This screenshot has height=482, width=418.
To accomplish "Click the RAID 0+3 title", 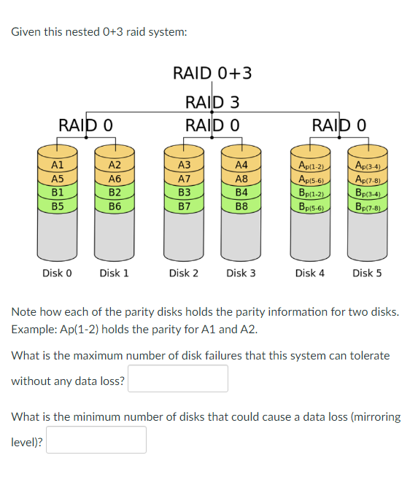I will pyautogui.click(x=212, y=73).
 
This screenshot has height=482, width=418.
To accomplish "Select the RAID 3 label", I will pyautogui.click(x=212, y=101).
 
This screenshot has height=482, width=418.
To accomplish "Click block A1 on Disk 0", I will pyautogui.click(x=58, y=166).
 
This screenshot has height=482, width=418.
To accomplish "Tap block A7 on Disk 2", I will pyautogui.click(x=185, y=179).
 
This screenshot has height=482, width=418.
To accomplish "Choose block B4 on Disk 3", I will pyautogui.click(x=241, y=193).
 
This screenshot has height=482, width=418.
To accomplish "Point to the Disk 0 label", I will pyautogui.click(x=57, y=273).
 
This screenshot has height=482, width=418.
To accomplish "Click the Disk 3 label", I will pyautogui.click(x=241, y=273).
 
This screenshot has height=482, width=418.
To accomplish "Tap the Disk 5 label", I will pyautogui.click(x=367, y=273).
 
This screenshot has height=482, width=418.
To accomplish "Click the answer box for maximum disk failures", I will pyautogui.click(x=178, y=379).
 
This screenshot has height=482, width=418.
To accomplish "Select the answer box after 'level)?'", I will pyautogui.click(x=97, y=440).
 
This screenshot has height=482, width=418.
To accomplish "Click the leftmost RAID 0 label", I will pyautogui.click(x=85, y=125).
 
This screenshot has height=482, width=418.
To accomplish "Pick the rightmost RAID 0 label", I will pyautogui.click(x=338, y=125).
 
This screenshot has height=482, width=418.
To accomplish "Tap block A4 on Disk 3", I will pyautogui.click(x=241, y=166).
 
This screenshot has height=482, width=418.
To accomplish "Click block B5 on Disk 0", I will pyautogui.click(x=58, y=206).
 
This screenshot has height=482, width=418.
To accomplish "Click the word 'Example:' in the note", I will pyautogui.click(x=32, y=329).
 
